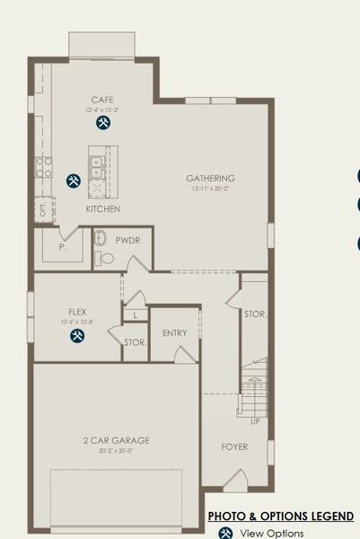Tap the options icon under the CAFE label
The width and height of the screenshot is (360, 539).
click(103, 122)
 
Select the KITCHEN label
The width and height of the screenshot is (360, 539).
click(103, 208)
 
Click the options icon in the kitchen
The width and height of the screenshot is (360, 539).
click(74, 181)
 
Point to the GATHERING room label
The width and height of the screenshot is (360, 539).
click(211, 178)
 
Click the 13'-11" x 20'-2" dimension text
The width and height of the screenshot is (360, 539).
click(211, 190)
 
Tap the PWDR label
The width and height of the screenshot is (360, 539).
click(124, 241)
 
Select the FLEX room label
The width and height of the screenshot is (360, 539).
click(76, 312)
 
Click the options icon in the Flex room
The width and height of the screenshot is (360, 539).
click(77, 336)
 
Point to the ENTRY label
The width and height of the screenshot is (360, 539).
click(174, 333)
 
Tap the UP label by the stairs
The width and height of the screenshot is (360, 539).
click(255, 420)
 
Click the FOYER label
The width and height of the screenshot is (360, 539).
click(234, 446)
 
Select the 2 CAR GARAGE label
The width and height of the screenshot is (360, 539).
click(116, 440)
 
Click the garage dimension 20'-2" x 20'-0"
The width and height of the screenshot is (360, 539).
click(116, 451)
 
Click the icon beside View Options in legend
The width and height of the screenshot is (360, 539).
click(226, 533)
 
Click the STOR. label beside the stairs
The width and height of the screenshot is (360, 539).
click(254, 314)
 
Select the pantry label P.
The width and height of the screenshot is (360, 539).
click(62, 245)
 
